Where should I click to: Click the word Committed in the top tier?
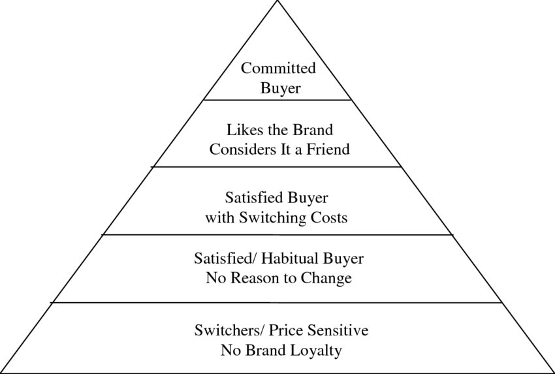tap(277, 68)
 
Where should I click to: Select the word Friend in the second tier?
tap(327, 149)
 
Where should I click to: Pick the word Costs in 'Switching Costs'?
tap(326, 217)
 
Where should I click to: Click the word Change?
tap(326, 278)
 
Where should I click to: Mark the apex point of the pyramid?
tap(277, 2)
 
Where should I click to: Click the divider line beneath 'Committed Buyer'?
tap(277, 100)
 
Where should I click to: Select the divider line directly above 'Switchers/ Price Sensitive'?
tap(277, 302)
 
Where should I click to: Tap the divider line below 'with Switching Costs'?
tap(277, 234)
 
